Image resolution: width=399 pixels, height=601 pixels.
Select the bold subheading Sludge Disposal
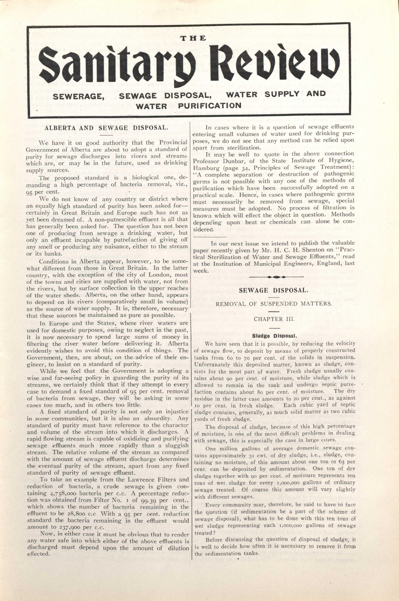274,336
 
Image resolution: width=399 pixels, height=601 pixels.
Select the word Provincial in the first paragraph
173,143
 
